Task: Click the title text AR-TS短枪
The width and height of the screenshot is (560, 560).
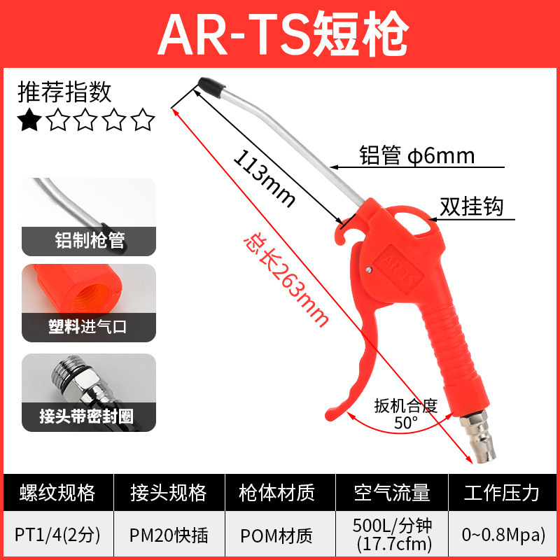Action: click(x=280, y=33)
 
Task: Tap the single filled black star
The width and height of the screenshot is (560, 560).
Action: click(x=29, y=120)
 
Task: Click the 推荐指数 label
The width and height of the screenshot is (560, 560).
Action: click(x=64, y=92)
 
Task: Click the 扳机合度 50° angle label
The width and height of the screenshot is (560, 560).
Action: click(x=405, y=414)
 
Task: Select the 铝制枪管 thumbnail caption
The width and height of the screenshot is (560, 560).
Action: click(x=90, y=241)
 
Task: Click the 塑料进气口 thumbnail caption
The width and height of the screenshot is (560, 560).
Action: click(x=90, y=326)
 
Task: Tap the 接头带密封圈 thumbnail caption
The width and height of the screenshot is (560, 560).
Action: click(x=90, y=417)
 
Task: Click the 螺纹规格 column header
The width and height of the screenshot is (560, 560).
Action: click(x=57, y=492)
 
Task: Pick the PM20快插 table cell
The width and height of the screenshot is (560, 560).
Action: click(x=169, y=535)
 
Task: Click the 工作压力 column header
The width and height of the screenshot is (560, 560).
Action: click(x=502, y=492)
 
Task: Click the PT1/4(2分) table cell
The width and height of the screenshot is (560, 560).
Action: click(x=57, y=535)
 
